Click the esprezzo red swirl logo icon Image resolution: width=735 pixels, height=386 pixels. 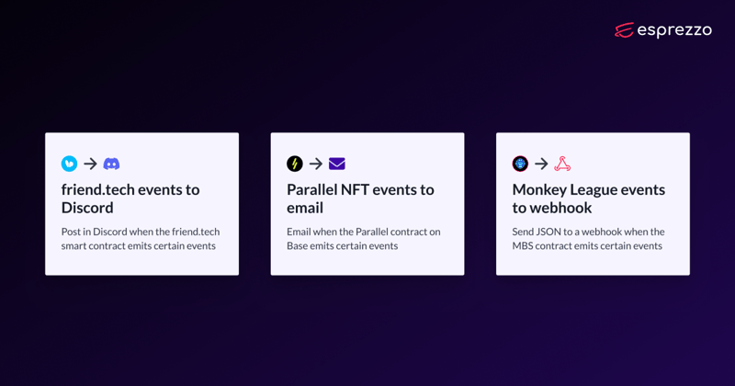tap(625, 30)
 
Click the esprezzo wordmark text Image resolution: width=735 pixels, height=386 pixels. tap(674, 30)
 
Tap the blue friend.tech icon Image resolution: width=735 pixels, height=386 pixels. tap(70, 164)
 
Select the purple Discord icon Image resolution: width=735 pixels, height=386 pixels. tap(111, 164)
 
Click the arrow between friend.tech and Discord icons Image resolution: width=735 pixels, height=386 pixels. tap(90, 164)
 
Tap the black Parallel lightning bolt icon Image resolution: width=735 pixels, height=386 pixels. tap(295, 164)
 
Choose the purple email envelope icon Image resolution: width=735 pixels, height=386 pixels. tap(337, 164)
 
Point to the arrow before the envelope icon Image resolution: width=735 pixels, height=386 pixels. tap(316, 164)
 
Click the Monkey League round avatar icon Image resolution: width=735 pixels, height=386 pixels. tap(520, 164)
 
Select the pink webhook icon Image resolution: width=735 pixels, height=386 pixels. tap(562, 164)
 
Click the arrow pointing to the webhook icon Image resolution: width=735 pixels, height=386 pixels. tap(541, 164)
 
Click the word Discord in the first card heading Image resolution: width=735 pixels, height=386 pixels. tap(87, 208)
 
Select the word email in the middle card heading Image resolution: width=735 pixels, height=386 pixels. tap(305, 208)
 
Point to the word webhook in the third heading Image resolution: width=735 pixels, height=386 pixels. tap(561, 208)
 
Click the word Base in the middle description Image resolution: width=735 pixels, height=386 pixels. tap(297, 245)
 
